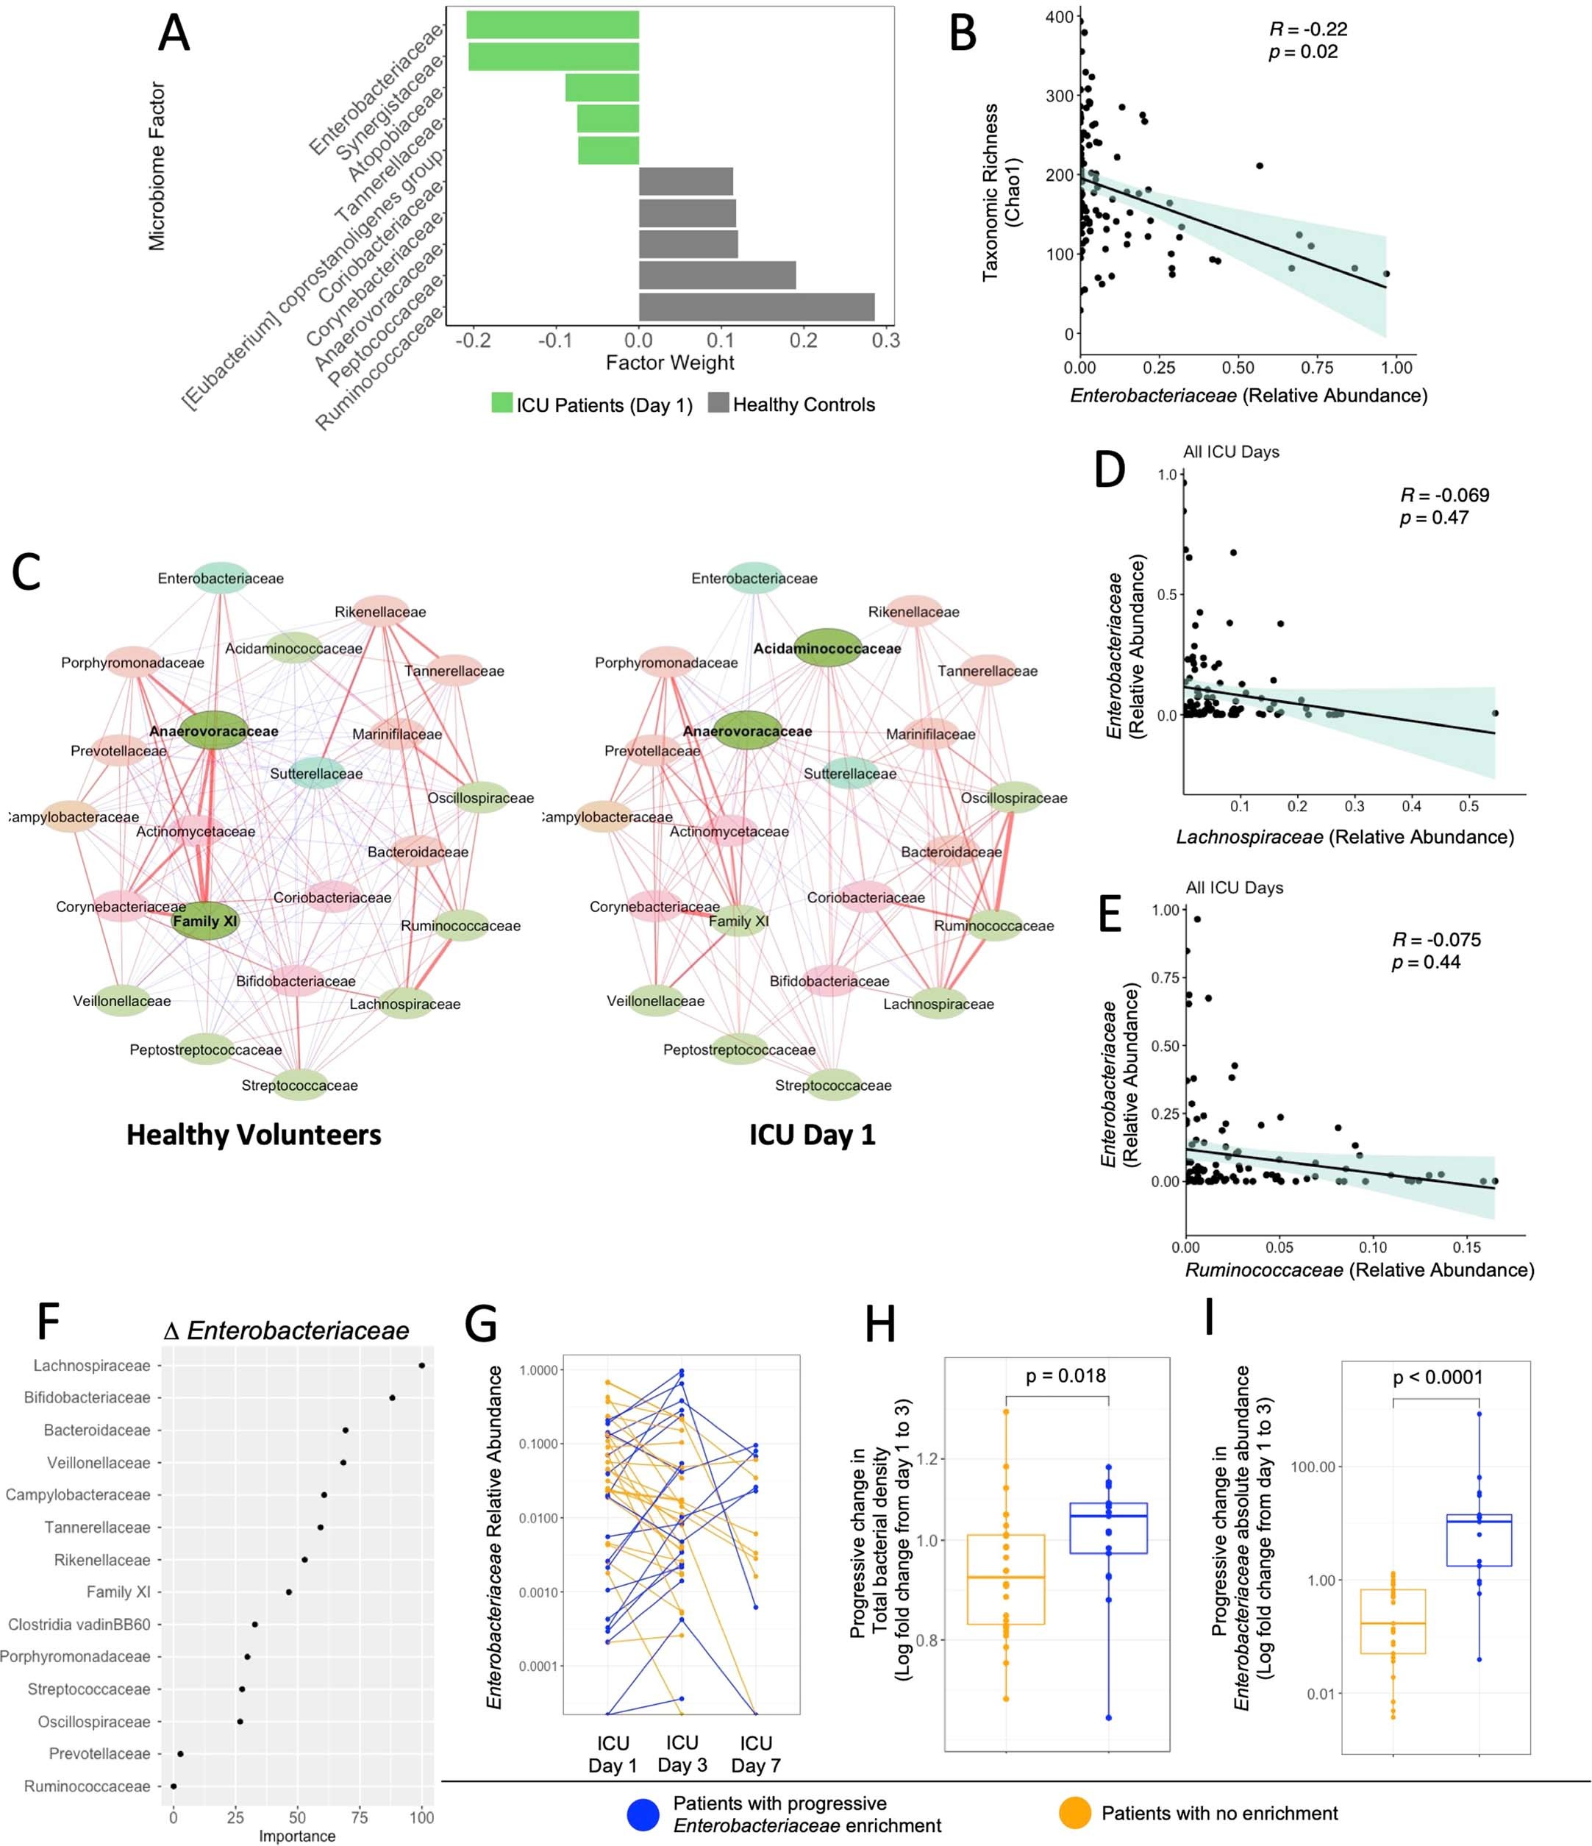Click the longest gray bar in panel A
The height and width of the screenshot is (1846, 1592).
tap(757, 307)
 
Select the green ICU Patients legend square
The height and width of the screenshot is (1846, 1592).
tap(502, 403)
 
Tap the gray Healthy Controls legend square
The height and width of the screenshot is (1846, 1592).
tap(718, 403)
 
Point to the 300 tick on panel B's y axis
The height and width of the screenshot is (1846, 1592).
tap(1060, 96)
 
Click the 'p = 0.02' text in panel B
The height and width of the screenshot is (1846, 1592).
tap(1302, 51)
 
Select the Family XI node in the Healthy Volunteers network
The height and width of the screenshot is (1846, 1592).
tap(206, 920)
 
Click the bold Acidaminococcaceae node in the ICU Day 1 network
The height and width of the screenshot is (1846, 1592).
tap(828, 649)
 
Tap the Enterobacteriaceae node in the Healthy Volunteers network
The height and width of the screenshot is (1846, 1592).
tap(221, 578)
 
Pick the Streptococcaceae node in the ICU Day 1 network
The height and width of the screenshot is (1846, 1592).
tap(833, 1085)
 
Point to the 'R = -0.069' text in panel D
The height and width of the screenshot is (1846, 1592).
tap(1444, 496)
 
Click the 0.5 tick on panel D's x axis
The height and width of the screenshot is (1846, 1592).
tap(1468, 806)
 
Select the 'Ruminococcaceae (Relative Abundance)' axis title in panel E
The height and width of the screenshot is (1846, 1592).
tap(1360, 1269)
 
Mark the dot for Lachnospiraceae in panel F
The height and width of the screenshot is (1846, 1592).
tap(421, 1365)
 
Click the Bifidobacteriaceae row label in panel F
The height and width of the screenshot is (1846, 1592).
tap(88, 1397)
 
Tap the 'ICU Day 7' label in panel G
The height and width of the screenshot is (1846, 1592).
tap(755, 1753)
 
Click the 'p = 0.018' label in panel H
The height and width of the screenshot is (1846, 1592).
tap(1066, 1377)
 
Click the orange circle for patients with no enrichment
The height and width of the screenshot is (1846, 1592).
tap(1074, 1814)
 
